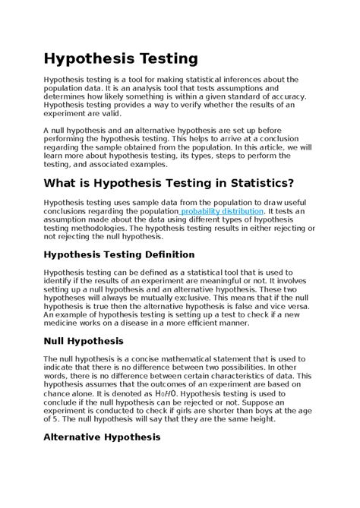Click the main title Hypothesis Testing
coord(121,58)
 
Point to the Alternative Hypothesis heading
coord(103,437)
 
